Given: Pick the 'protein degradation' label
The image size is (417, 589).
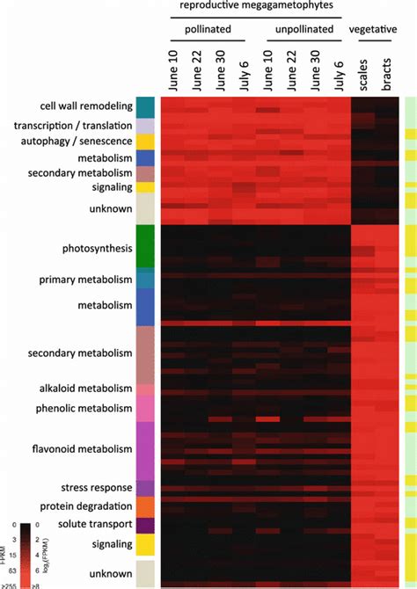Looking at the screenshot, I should [88, 507].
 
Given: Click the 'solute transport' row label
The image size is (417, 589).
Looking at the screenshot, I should [92, 525].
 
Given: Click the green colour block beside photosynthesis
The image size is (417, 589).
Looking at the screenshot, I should [146, 246].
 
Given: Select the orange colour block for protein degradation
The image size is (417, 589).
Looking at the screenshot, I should [146, 507].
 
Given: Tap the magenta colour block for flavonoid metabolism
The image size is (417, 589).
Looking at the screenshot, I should [146, 449].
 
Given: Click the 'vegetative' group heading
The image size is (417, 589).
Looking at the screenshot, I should [373, 28].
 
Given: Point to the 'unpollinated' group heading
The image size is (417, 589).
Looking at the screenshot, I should [302, 28].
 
